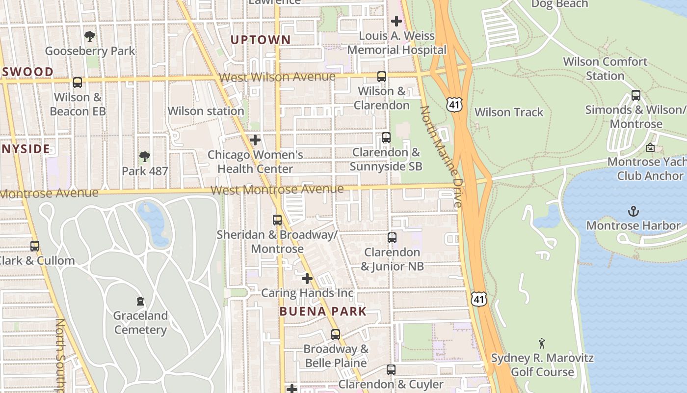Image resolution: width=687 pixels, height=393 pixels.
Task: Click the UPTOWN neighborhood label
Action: [x=261, y=40]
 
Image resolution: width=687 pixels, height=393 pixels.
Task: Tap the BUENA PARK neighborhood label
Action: [x=323, y=311]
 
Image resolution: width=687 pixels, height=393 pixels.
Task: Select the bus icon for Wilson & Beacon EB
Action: [x=78, y=83]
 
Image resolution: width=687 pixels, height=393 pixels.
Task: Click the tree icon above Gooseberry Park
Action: [x=89, y=36]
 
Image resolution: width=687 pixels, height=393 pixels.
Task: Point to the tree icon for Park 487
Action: [x=144, y=157]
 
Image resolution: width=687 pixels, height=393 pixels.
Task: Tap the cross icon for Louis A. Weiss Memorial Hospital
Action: [x=396, y=21]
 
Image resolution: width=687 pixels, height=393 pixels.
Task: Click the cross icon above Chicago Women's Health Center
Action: [x=255, y=140]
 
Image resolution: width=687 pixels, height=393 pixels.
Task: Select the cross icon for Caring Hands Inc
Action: [x=307, y=279]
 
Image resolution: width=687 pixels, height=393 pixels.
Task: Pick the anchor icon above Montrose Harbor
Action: [x=634, y=212]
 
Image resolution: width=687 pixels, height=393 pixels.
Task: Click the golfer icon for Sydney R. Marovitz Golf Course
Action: [x=542, y=343]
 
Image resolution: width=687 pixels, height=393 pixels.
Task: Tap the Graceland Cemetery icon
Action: [x=140, y=301]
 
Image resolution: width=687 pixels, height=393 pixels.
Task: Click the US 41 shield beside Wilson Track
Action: [x=454, y=104]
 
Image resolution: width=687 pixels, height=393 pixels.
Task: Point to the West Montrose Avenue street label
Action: [x=277, y=190]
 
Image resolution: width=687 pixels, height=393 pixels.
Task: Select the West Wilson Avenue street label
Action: [x=277, y=77]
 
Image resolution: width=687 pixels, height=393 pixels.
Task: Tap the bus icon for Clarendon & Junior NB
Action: [x=392, y=238]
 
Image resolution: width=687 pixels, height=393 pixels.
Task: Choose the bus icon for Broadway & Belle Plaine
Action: [x=336, y=335]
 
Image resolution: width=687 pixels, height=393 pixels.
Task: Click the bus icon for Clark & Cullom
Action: [x=35, y=246]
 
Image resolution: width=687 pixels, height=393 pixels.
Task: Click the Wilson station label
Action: [x=206, y=111]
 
